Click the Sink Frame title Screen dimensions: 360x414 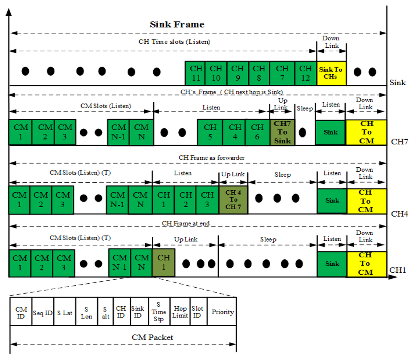click(x=177, y=24)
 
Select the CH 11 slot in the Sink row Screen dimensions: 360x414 click(x=195, y=73)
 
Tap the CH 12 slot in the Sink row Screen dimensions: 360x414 click(x=306, y=73)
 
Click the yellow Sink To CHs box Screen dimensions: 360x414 click(x=331, y=73)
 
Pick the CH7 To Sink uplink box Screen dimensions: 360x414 click(x=282, y=132)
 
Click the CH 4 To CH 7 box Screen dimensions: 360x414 click(x=233, y=200)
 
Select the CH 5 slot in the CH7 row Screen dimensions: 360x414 click(x=210, y=132)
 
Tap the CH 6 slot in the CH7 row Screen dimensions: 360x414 click(x=257, y=132)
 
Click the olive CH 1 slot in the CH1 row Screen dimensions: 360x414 click(x=164, y=263)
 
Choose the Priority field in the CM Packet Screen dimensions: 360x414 click(x=222, y=312)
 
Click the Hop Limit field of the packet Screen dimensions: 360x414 click(x=180, y=312)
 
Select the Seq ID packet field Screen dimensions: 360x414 click(x=42, y=312)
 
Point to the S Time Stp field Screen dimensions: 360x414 click(x=159, y=312)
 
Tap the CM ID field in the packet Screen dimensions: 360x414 click(x=21, y=312)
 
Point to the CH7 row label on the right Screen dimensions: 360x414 click(x=399, y=142)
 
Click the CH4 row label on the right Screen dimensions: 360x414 click(x=399, y=213)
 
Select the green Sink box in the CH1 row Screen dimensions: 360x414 click(x=332, y=264)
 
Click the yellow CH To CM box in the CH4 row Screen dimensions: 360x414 click(x=365, y=201)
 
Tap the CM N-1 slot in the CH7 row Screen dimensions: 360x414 click(x=118, y=132)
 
